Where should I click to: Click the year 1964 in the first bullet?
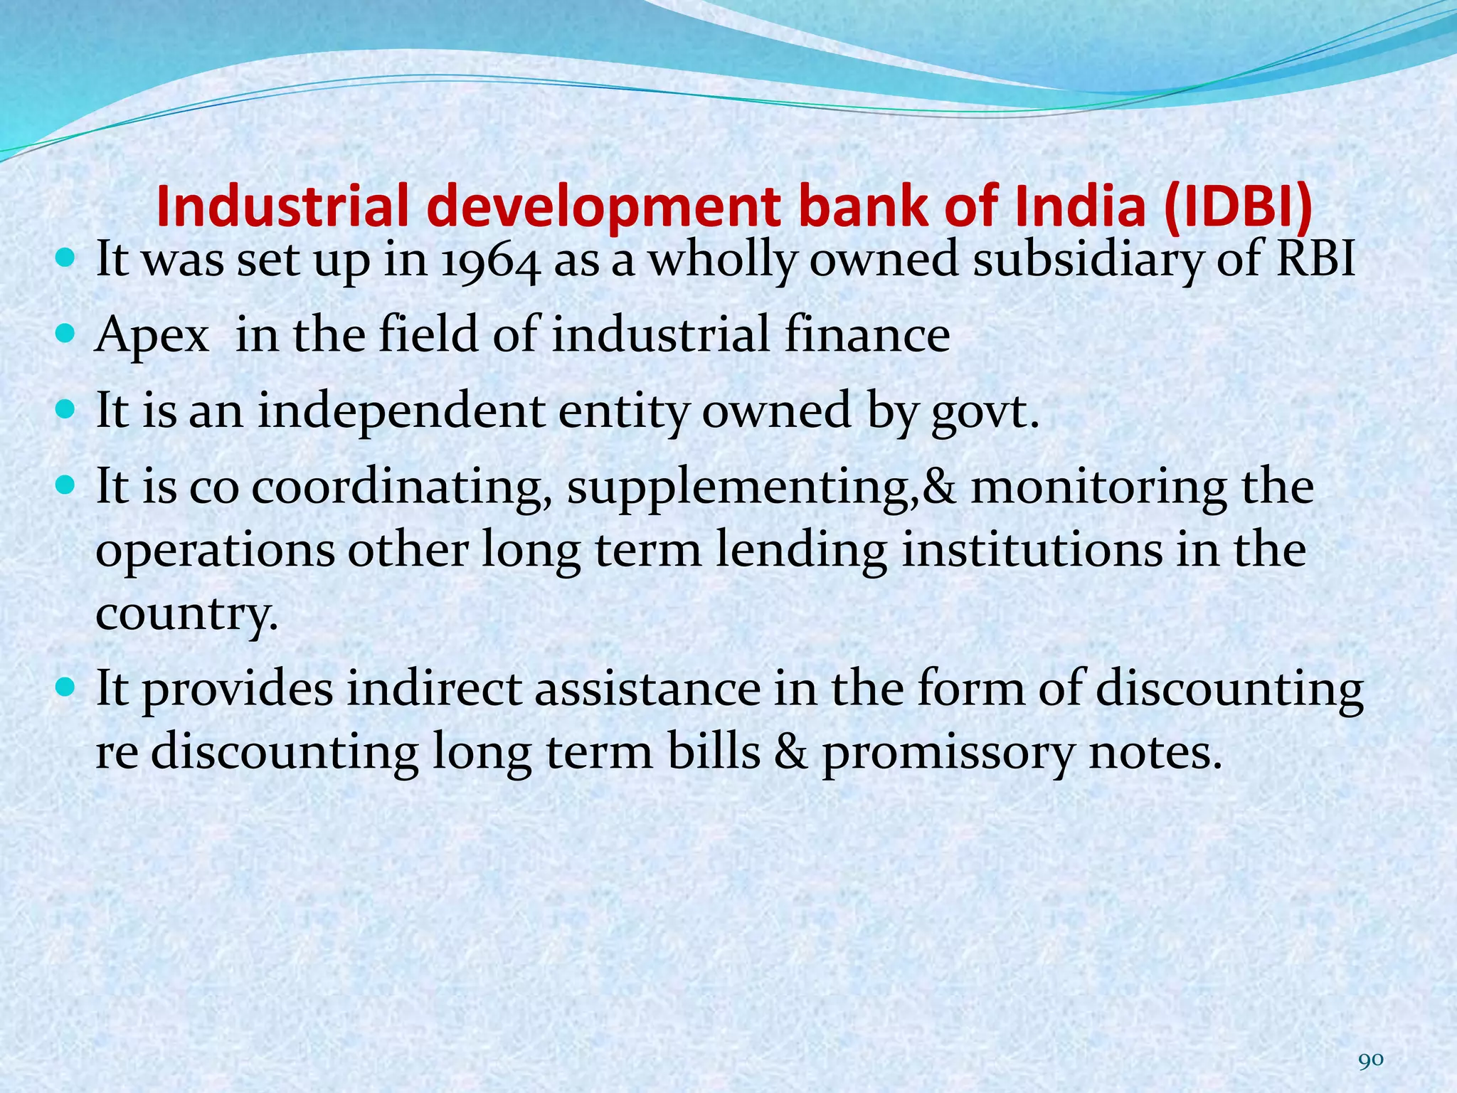point(489,260)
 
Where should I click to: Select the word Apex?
point(152,336)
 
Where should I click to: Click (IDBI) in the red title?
point(1239,206)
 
